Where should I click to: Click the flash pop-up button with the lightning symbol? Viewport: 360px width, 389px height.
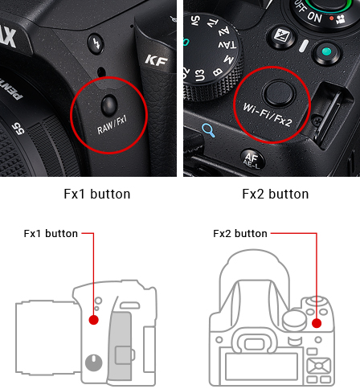click(96, 43)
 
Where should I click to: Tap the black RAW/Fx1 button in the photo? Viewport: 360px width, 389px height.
click(109, 105)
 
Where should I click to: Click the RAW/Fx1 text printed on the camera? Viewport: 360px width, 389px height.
click(112, 125)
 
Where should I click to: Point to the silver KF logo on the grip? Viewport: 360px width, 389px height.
click(157, 61)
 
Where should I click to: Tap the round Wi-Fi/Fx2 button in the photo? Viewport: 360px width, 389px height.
click(279, 93)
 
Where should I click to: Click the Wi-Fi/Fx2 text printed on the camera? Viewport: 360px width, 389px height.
click(267, 116)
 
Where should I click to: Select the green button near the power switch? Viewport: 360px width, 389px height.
click(326, 51)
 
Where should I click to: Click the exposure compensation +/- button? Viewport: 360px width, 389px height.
click(281, 36)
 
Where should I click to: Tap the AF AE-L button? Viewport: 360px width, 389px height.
click(252, 160)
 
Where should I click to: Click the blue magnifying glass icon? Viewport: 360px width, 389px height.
click(208, 130)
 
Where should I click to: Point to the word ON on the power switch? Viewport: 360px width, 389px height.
click(314, 17)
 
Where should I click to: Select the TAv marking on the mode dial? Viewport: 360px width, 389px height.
click(227, 45)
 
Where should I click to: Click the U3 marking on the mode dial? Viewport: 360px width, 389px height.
click(199, 75)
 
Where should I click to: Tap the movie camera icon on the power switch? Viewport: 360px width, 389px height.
click(340, 19)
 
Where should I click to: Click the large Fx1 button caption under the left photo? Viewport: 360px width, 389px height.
click(97, 194)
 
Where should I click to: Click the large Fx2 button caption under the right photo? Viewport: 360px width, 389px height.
click(276, 194)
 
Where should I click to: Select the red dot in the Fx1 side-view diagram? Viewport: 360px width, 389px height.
click(93, 320)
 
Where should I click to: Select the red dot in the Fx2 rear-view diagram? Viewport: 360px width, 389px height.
click(317, 323)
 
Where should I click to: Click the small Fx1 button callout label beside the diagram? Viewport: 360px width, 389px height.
click(51, 234)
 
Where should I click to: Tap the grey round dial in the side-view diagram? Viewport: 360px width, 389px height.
click(93, 362)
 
